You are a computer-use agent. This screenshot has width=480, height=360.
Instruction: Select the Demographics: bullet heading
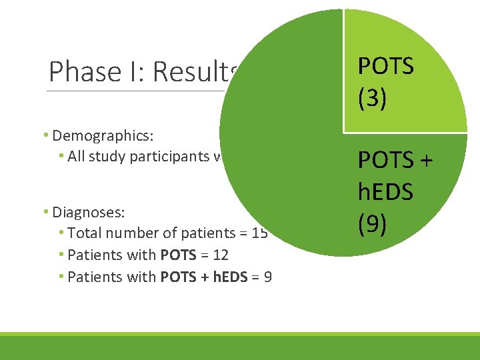pyautogui.click(x=103, y=136)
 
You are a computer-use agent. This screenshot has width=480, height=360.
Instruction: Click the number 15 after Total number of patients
pyautogui.click(x=261, y=233)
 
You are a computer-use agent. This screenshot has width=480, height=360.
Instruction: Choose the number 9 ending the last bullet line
pyautogui.click(x=267, y=276)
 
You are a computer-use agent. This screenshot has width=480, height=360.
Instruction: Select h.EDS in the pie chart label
pyautogui.click(x=386, y=193)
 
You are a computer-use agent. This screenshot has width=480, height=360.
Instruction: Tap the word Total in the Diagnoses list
pyautogui.click(x=85, y=233)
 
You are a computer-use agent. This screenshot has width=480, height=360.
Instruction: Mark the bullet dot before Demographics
pyautogui.click(x=46, y=136)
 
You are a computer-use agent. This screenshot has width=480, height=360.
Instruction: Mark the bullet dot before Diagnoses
pyautogui.click(x=46, y=212)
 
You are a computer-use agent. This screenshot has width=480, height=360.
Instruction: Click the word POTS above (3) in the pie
pyautogui.click(x=386, y=66)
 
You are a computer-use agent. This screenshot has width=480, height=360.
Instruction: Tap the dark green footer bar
pyautogui.click(x=240, y=348)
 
